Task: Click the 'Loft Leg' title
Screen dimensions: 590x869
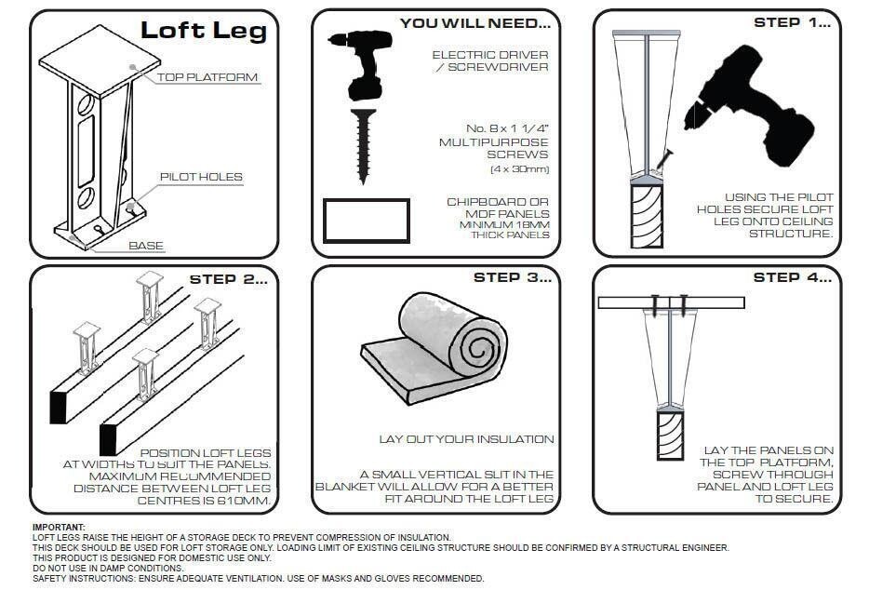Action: coord(203,31)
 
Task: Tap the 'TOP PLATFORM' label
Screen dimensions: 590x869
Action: coord(207,77)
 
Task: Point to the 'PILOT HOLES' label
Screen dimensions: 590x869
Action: coord(200,177)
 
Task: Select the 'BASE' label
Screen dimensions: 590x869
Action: coord(146,246)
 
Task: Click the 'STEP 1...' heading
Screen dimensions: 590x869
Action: coord(791,22)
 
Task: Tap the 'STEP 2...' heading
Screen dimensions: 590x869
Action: coord(228,278)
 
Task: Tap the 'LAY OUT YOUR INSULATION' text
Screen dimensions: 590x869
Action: coord(466,438)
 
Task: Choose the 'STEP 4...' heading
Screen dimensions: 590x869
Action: coord(791,277)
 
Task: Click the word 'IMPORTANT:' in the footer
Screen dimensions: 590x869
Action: coord(59,528)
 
